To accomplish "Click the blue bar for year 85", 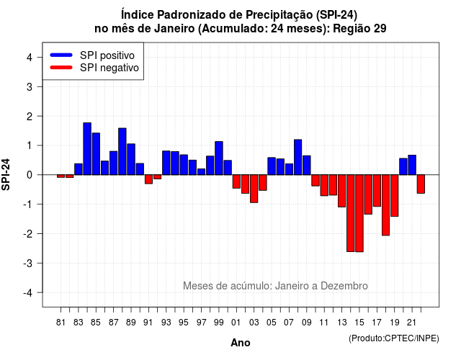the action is click(x=96, y=153).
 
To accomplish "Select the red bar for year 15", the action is click(x=359, y=213).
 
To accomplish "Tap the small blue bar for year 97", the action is click(x=202, y=171).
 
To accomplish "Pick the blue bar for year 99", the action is click(x=219, y=158).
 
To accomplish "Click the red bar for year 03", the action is click(x=254, y=189).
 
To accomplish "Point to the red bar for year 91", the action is click(x=148, y=179).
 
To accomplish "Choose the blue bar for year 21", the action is click(x=412, y=165).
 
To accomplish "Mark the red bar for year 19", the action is click(x=395, y=195).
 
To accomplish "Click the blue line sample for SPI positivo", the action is click(x=61, y=55).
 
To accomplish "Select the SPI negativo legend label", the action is click(x=109, y=68).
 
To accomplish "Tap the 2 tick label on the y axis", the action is click(x=30, y=117).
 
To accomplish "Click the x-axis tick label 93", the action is click(x=166, y=323).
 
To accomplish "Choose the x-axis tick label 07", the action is click(x=289, y=323).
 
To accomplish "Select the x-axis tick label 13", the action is click(x=341, y=323).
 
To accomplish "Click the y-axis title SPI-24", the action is click(x=6, y=174).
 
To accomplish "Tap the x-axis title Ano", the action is click(x=241, y=343).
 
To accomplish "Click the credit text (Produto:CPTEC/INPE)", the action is click(x=394, y=338).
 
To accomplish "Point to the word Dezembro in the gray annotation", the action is click(x=344, y=286).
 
